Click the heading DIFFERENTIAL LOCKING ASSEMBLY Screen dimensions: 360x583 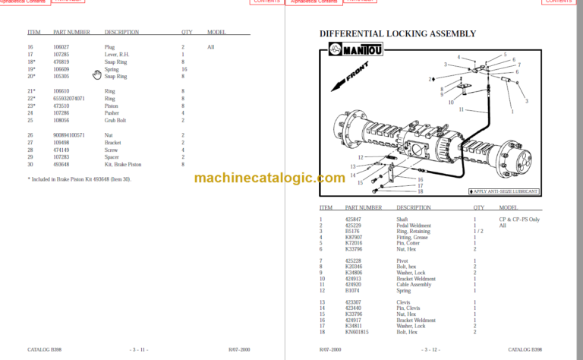[398, 33]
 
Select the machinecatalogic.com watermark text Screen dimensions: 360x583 [269, 178]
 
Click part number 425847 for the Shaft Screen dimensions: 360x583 [354, 219]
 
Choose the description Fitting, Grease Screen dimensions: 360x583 [411, 237]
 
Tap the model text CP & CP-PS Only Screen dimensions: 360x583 [519, 219]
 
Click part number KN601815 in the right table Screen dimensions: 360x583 [357, 332]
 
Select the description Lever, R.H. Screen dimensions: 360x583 [118, 55]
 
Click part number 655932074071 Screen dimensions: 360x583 [69, 99]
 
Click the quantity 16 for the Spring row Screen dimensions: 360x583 [184, 69]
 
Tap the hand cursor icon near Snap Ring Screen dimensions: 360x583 [96, 74]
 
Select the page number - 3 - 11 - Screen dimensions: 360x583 [140, 349]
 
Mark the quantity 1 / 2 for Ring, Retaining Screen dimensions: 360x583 [479, 231]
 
